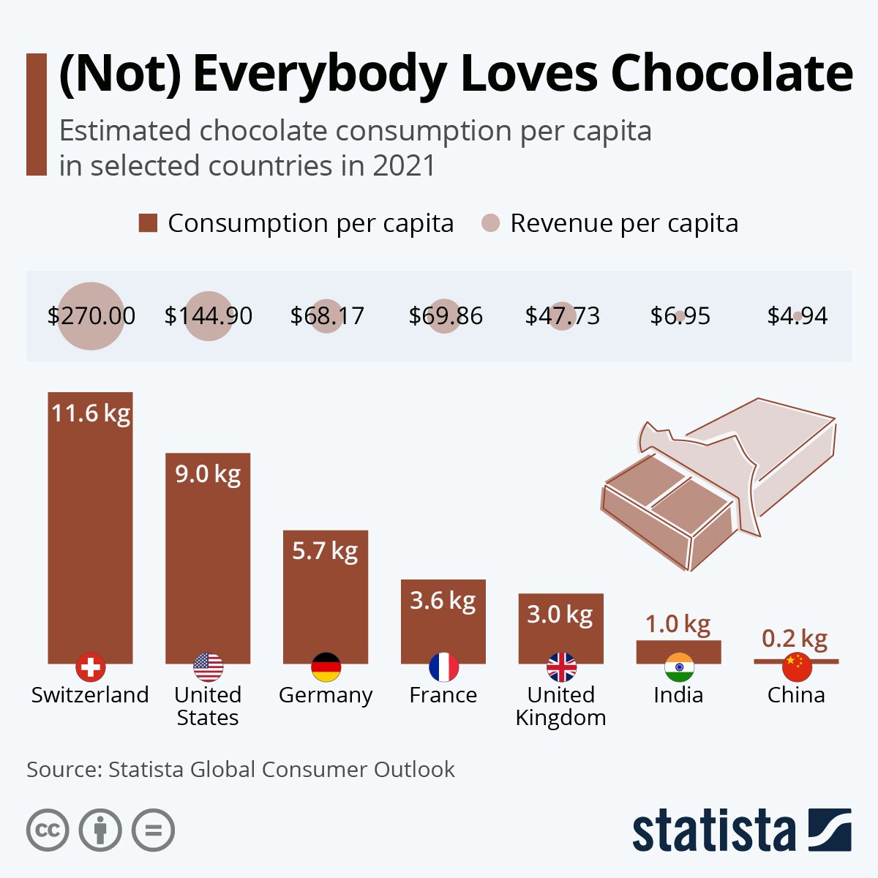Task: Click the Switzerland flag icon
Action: pos(91,667)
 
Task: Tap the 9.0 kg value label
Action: pos(208,474)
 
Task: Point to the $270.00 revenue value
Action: pos(91,316)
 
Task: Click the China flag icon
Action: pos(797,667)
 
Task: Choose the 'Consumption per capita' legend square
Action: pos(148,223)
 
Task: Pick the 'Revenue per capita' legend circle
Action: pos(491,223)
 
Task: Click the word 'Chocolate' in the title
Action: pos(731,73)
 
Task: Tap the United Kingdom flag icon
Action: pos(561,667)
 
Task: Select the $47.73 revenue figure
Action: pos(562,316)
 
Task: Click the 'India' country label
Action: pos(678,694)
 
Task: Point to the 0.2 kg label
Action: pos(795,639)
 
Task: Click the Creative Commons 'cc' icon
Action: pos(48,830)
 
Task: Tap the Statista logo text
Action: pos(713,831)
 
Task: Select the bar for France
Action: pos(443,629)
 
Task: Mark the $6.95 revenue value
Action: pos(680,316)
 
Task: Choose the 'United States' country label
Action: pos(208,705)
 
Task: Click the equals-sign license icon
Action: pos(154,830)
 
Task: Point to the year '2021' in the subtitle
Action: pos(403,165)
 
